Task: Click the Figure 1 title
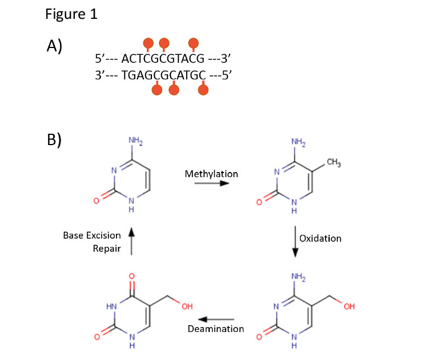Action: click(71, 14)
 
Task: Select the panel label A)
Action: click(54, 47)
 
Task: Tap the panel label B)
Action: click(54, 140)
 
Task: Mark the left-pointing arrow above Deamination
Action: click(216, 318)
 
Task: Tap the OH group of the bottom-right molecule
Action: click(350, 307)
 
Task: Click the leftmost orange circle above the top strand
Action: click(148, 43)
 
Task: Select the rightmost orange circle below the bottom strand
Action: click(202, 90)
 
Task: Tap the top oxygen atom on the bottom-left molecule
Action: click(131, 277)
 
